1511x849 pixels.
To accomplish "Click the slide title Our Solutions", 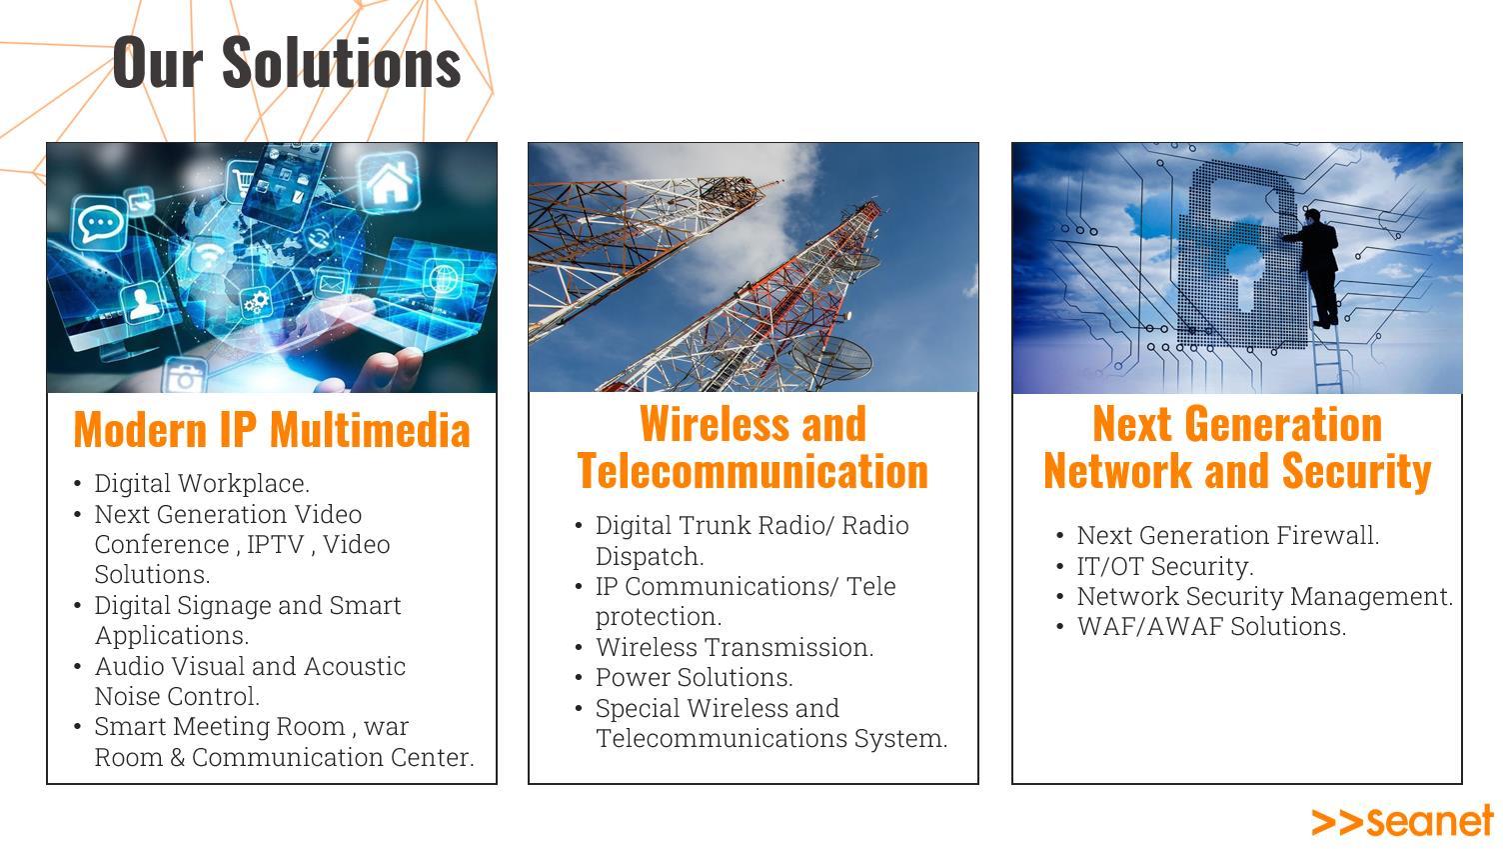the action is tap(287, 62).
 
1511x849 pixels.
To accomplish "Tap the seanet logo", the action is tap(1402, 821).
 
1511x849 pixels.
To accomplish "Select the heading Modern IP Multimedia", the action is tap(272, 429).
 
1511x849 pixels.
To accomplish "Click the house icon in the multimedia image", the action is tap(390, 182).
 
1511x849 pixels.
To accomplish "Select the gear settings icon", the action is tap(256, 302).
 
